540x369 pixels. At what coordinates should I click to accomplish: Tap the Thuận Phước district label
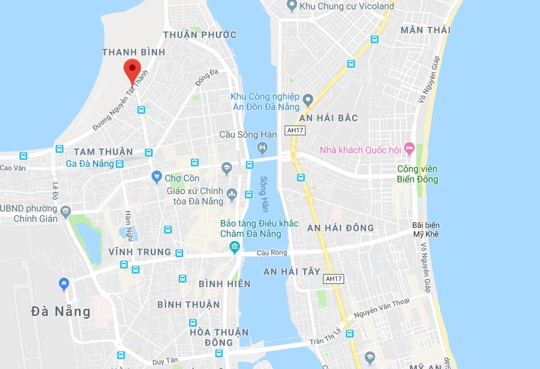point(200,35)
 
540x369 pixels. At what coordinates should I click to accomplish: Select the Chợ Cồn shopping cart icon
point(157,177)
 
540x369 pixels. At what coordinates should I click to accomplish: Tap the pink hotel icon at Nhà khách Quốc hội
point(409,149)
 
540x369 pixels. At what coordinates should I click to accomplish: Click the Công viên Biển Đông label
point(417,174)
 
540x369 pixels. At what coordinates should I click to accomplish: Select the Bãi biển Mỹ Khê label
point(425,229)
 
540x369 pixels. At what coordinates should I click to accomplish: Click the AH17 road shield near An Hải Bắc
point(294,130)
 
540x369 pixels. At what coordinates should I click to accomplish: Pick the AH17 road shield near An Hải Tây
point(334,279)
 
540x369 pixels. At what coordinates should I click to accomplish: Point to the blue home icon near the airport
point(64,283)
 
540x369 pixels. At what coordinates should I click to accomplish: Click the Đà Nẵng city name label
point(61,311)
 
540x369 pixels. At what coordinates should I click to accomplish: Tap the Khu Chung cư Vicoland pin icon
point(292,6)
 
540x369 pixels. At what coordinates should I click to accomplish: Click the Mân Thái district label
point(425,30)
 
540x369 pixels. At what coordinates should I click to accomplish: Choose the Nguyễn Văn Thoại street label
point(381,308)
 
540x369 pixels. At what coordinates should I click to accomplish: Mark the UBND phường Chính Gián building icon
point(66,210)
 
